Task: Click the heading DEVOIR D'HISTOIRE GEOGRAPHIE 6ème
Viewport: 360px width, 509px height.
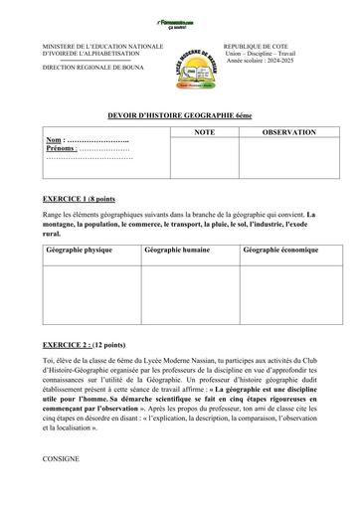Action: (x=180, y=116)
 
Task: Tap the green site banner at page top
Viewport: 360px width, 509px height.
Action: (x=180, y=20)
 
